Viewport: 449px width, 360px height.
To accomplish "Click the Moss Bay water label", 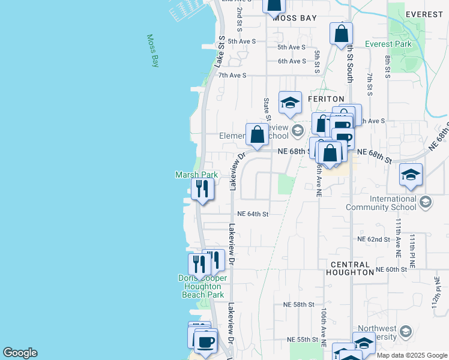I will coord(153,50).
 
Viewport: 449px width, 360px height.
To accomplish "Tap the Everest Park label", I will coord(388,44).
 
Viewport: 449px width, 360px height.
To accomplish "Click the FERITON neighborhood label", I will coord(326,98).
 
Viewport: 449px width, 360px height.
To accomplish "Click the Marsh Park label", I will coord(196,175).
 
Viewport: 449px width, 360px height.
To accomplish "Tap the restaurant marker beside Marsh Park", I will coord(202,189).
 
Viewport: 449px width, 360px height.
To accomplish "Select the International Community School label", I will coord(381,203).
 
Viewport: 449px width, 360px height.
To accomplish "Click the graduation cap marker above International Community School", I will coord(411,175).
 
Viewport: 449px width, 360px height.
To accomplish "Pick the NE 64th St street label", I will coord(252,214).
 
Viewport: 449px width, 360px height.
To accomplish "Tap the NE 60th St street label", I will coord(391,270).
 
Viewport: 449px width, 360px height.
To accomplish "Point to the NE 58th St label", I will coord(299,305).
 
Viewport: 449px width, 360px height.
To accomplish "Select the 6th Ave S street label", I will coord(292,61).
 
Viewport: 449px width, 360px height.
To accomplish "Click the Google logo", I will coord(20,353).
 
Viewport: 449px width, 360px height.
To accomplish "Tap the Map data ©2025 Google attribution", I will coord(412,355).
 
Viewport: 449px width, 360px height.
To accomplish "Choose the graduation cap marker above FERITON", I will coord(290,103).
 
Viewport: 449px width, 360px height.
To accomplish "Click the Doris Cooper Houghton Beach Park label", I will coord(203,286).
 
